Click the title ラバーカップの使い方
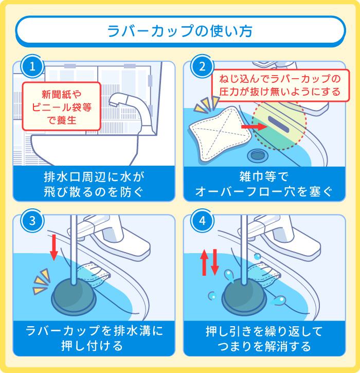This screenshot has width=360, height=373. point(180,31)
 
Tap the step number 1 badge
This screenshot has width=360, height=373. point(32,67)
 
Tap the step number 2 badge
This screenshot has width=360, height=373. point(202,67)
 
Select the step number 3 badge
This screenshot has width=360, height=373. point(32,221)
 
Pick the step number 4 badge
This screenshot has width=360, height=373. point(202,221)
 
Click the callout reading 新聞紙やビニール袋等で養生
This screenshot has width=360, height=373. point(61,106)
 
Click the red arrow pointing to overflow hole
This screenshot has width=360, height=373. point(251,125)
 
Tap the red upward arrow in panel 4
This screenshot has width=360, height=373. point(204,262)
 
